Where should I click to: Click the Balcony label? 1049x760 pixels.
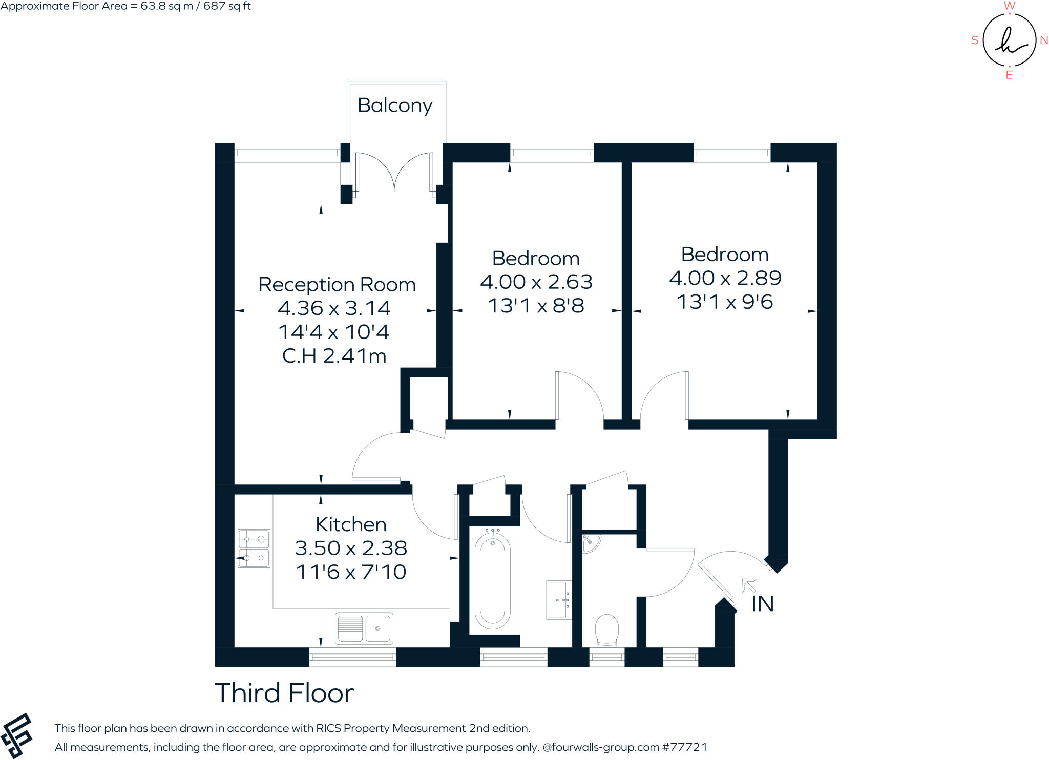[x=394, y=105]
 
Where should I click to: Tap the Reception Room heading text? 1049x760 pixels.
[x=337, y=285]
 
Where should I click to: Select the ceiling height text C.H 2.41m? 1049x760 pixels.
[x=334, y=356]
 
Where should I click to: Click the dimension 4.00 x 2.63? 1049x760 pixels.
[x=536, y=282]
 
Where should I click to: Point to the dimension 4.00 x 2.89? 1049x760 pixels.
[x=725, y=278]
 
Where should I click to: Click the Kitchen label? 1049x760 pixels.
[x=351, y=524]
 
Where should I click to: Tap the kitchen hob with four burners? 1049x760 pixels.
[x=254, y=548]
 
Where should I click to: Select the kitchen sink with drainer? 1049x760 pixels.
[x=364, y=628]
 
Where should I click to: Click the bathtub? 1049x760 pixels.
[x=492, y=579]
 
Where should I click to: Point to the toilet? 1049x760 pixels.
[x=607, y=630]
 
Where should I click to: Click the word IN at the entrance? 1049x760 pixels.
[x=762, y=604]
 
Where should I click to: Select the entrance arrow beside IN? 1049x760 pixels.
[x=748, y=585]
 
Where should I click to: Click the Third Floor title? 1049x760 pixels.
[x=284, y=693]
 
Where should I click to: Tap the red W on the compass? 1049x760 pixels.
[x=1009, y=6]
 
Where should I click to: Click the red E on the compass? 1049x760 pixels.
[x=1009, y=75]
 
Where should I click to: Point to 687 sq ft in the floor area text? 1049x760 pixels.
[x=227, y=6]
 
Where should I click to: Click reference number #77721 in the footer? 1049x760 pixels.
[x=685, y=747]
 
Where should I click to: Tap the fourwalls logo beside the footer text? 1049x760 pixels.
[x=17, y=735]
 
